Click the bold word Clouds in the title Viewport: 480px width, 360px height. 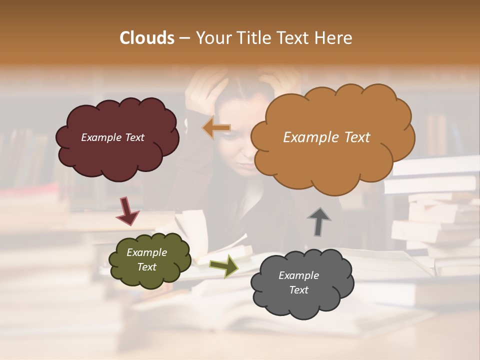(146, 38)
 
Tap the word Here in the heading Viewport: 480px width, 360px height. (334, 38)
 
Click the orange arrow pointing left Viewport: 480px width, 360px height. (216, 128)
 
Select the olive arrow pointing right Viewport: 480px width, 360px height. (224, 265)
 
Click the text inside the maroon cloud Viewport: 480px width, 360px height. (112, 137)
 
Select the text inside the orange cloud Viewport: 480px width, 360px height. (326, 137)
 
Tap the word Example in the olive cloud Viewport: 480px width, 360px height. (146, 252)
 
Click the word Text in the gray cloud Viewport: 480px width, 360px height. (298, 290)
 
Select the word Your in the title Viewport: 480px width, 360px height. (210, 38)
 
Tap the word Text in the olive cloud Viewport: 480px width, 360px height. (146, 267)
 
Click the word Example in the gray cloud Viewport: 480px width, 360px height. (298, 275)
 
